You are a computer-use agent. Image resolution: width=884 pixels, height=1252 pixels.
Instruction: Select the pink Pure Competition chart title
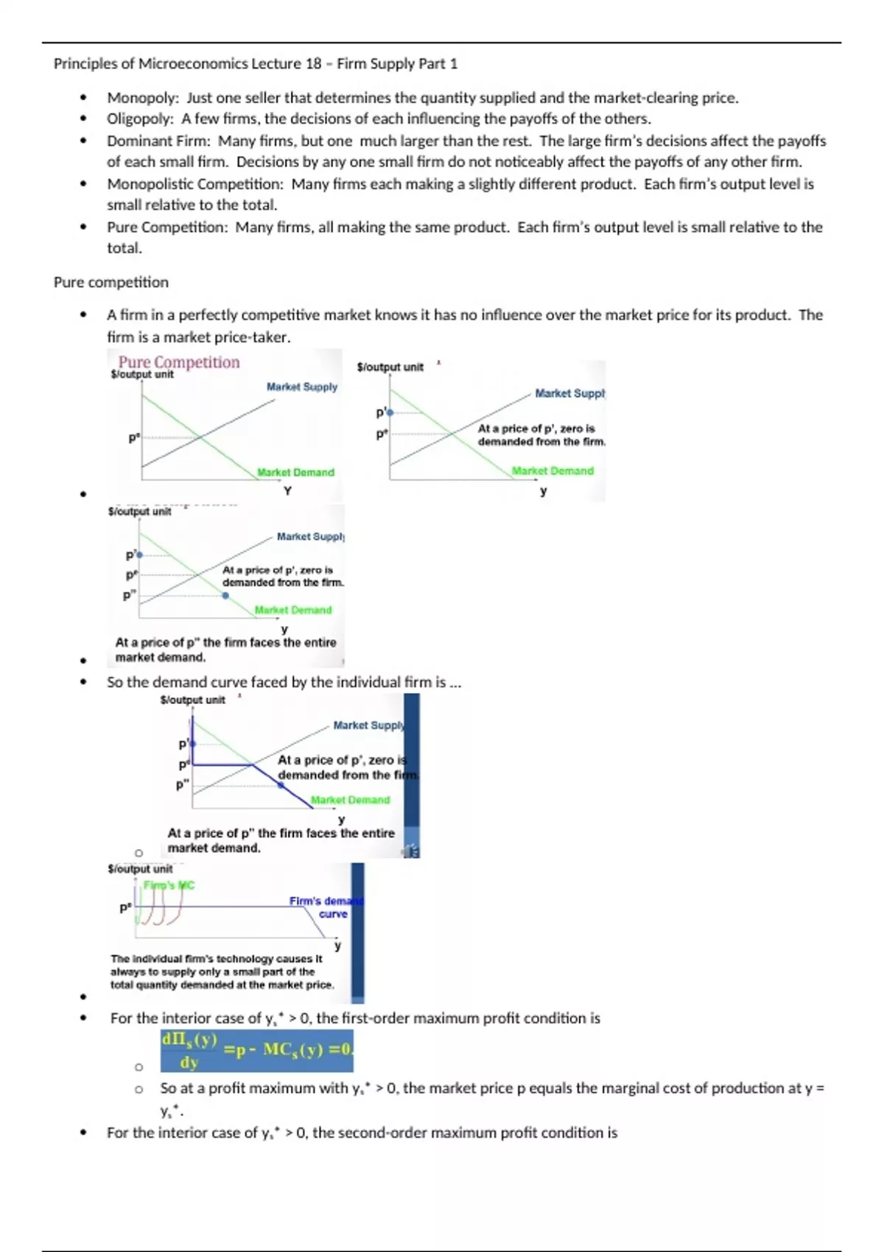[179, 362]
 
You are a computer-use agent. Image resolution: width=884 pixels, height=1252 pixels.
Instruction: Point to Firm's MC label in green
[169, 885]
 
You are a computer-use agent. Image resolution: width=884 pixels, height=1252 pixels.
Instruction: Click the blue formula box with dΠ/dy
[256, 1050]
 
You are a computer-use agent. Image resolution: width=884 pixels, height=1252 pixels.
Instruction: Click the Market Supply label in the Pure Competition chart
[301, 387]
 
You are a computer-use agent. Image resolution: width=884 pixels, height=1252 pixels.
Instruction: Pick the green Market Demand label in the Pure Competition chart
[295, 472]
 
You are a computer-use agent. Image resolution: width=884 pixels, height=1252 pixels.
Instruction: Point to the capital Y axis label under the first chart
[287, 490]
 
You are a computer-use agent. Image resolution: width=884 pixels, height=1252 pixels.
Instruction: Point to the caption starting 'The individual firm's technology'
[222, 971]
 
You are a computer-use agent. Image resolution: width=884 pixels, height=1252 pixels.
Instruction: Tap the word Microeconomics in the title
[193, 64]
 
